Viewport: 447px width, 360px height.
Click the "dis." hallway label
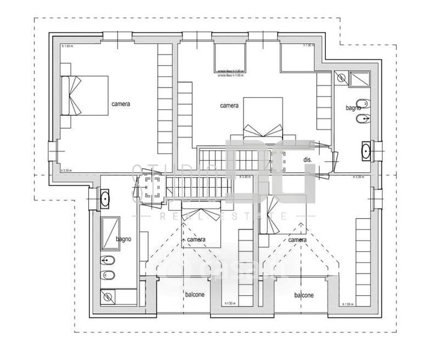308,160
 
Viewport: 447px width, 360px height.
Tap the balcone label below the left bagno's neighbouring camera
194,295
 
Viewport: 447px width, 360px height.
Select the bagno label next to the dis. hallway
352,108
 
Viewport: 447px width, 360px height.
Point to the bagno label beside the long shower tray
123,239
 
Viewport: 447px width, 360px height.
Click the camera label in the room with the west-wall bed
121,104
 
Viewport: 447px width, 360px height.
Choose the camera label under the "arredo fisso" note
229,106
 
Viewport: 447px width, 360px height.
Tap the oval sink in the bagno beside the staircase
105,197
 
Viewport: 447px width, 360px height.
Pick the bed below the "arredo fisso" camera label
262,120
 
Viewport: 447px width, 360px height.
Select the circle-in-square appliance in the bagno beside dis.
341,77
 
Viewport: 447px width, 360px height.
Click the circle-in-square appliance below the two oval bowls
107,295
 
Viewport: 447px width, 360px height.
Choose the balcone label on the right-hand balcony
304,295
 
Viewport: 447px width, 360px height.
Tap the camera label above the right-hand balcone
298,240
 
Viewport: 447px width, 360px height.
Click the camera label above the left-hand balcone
196,240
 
